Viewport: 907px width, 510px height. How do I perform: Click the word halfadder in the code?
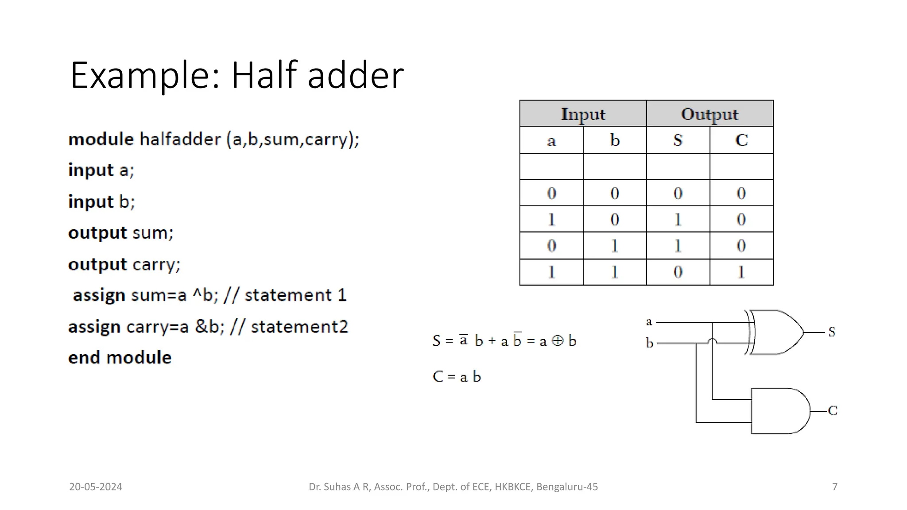pyautogui.click(x=180, y=139)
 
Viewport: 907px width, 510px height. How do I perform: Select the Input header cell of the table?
pyautogui.click(x=583, y=114)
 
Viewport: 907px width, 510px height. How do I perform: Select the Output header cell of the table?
pyautogui.click(x=709, y=114)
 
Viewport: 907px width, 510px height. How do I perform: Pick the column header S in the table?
pyautogui.click(x=678, y=140)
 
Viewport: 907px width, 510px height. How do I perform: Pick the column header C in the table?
pyautogui.click(x=741, y=140)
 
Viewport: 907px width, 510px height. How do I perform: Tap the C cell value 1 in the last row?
pyautogui.click(x=741, y=272)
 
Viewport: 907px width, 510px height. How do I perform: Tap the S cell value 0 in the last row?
pyautogui.click(x=678, y=272)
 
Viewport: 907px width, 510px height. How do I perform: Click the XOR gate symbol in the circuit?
pyautogui.click(x=775, y=332)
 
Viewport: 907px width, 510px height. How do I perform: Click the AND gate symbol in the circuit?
pyautogui.click(x=779, y=411)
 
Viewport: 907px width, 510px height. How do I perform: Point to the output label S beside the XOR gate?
pyautogui.click(x=832, y=332)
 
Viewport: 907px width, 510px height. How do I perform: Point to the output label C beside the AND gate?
pyautogui.click(x=833, y=411)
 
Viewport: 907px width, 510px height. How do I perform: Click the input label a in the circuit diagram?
pyautogui.click(x=649, y=322)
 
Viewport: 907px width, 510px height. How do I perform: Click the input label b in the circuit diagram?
pyautogui.click(x=649, y=343)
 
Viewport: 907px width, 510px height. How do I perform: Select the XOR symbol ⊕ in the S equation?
pyautogui.click(x=558, y=340)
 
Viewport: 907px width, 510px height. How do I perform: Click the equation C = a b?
pyautogui.click(x=457, y=376)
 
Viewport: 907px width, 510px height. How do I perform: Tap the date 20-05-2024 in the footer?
pyautogui.click(x=96, y=487)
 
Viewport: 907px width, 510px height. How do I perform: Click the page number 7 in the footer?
pyautogui.click(x=835, y=487)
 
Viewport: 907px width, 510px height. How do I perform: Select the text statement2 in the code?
pyautogui.click(x=299, y=327)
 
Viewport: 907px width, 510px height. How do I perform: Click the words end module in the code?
pyautogui.click(x=120, y=357)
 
